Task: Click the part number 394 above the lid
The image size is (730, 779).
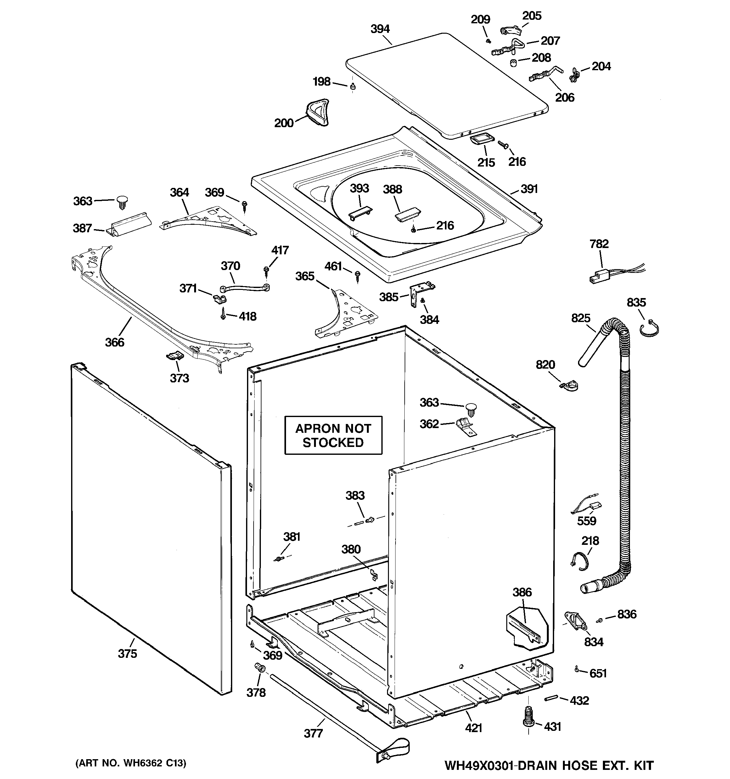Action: pos(380,29)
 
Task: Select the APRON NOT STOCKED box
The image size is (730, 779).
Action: pos(333,435)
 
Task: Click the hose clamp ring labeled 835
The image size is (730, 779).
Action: pos(649,329)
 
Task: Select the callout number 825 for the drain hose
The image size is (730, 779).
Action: pos(580,318)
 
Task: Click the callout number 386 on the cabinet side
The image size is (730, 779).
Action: pos(522,592)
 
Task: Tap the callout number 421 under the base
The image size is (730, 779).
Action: pos(473,728)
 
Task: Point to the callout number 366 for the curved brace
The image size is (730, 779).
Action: pos(115,342)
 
